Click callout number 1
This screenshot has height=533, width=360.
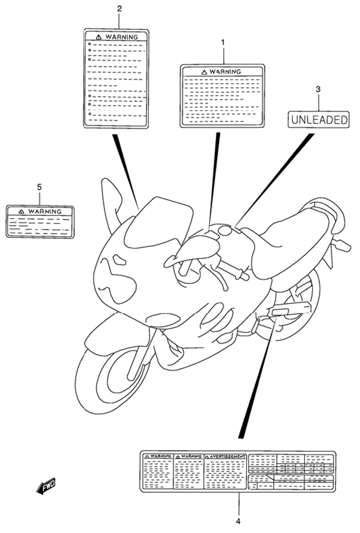click(223, 43)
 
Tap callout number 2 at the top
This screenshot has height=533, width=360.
click(120, 9)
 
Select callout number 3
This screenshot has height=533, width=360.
click(318, 90)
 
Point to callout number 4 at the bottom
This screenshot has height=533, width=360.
click(238, 521)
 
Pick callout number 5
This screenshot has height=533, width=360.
click(39, 187)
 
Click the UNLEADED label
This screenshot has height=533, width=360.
click(319, 120)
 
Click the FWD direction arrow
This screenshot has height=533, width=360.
click(46, 486)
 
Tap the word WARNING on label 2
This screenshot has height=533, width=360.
click(121, 37)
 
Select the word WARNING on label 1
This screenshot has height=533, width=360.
click(225, 72)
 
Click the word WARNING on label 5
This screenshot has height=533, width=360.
click(45, 211)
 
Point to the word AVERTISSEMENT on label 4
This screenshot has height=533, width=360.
click(227, 457)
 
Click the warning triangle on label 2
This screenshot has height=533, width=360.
click(99, 37)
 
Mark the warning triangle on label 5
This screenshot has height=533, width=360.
click(22, 211)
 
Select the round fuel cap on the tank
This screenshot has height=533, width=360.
click(225, 231)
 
